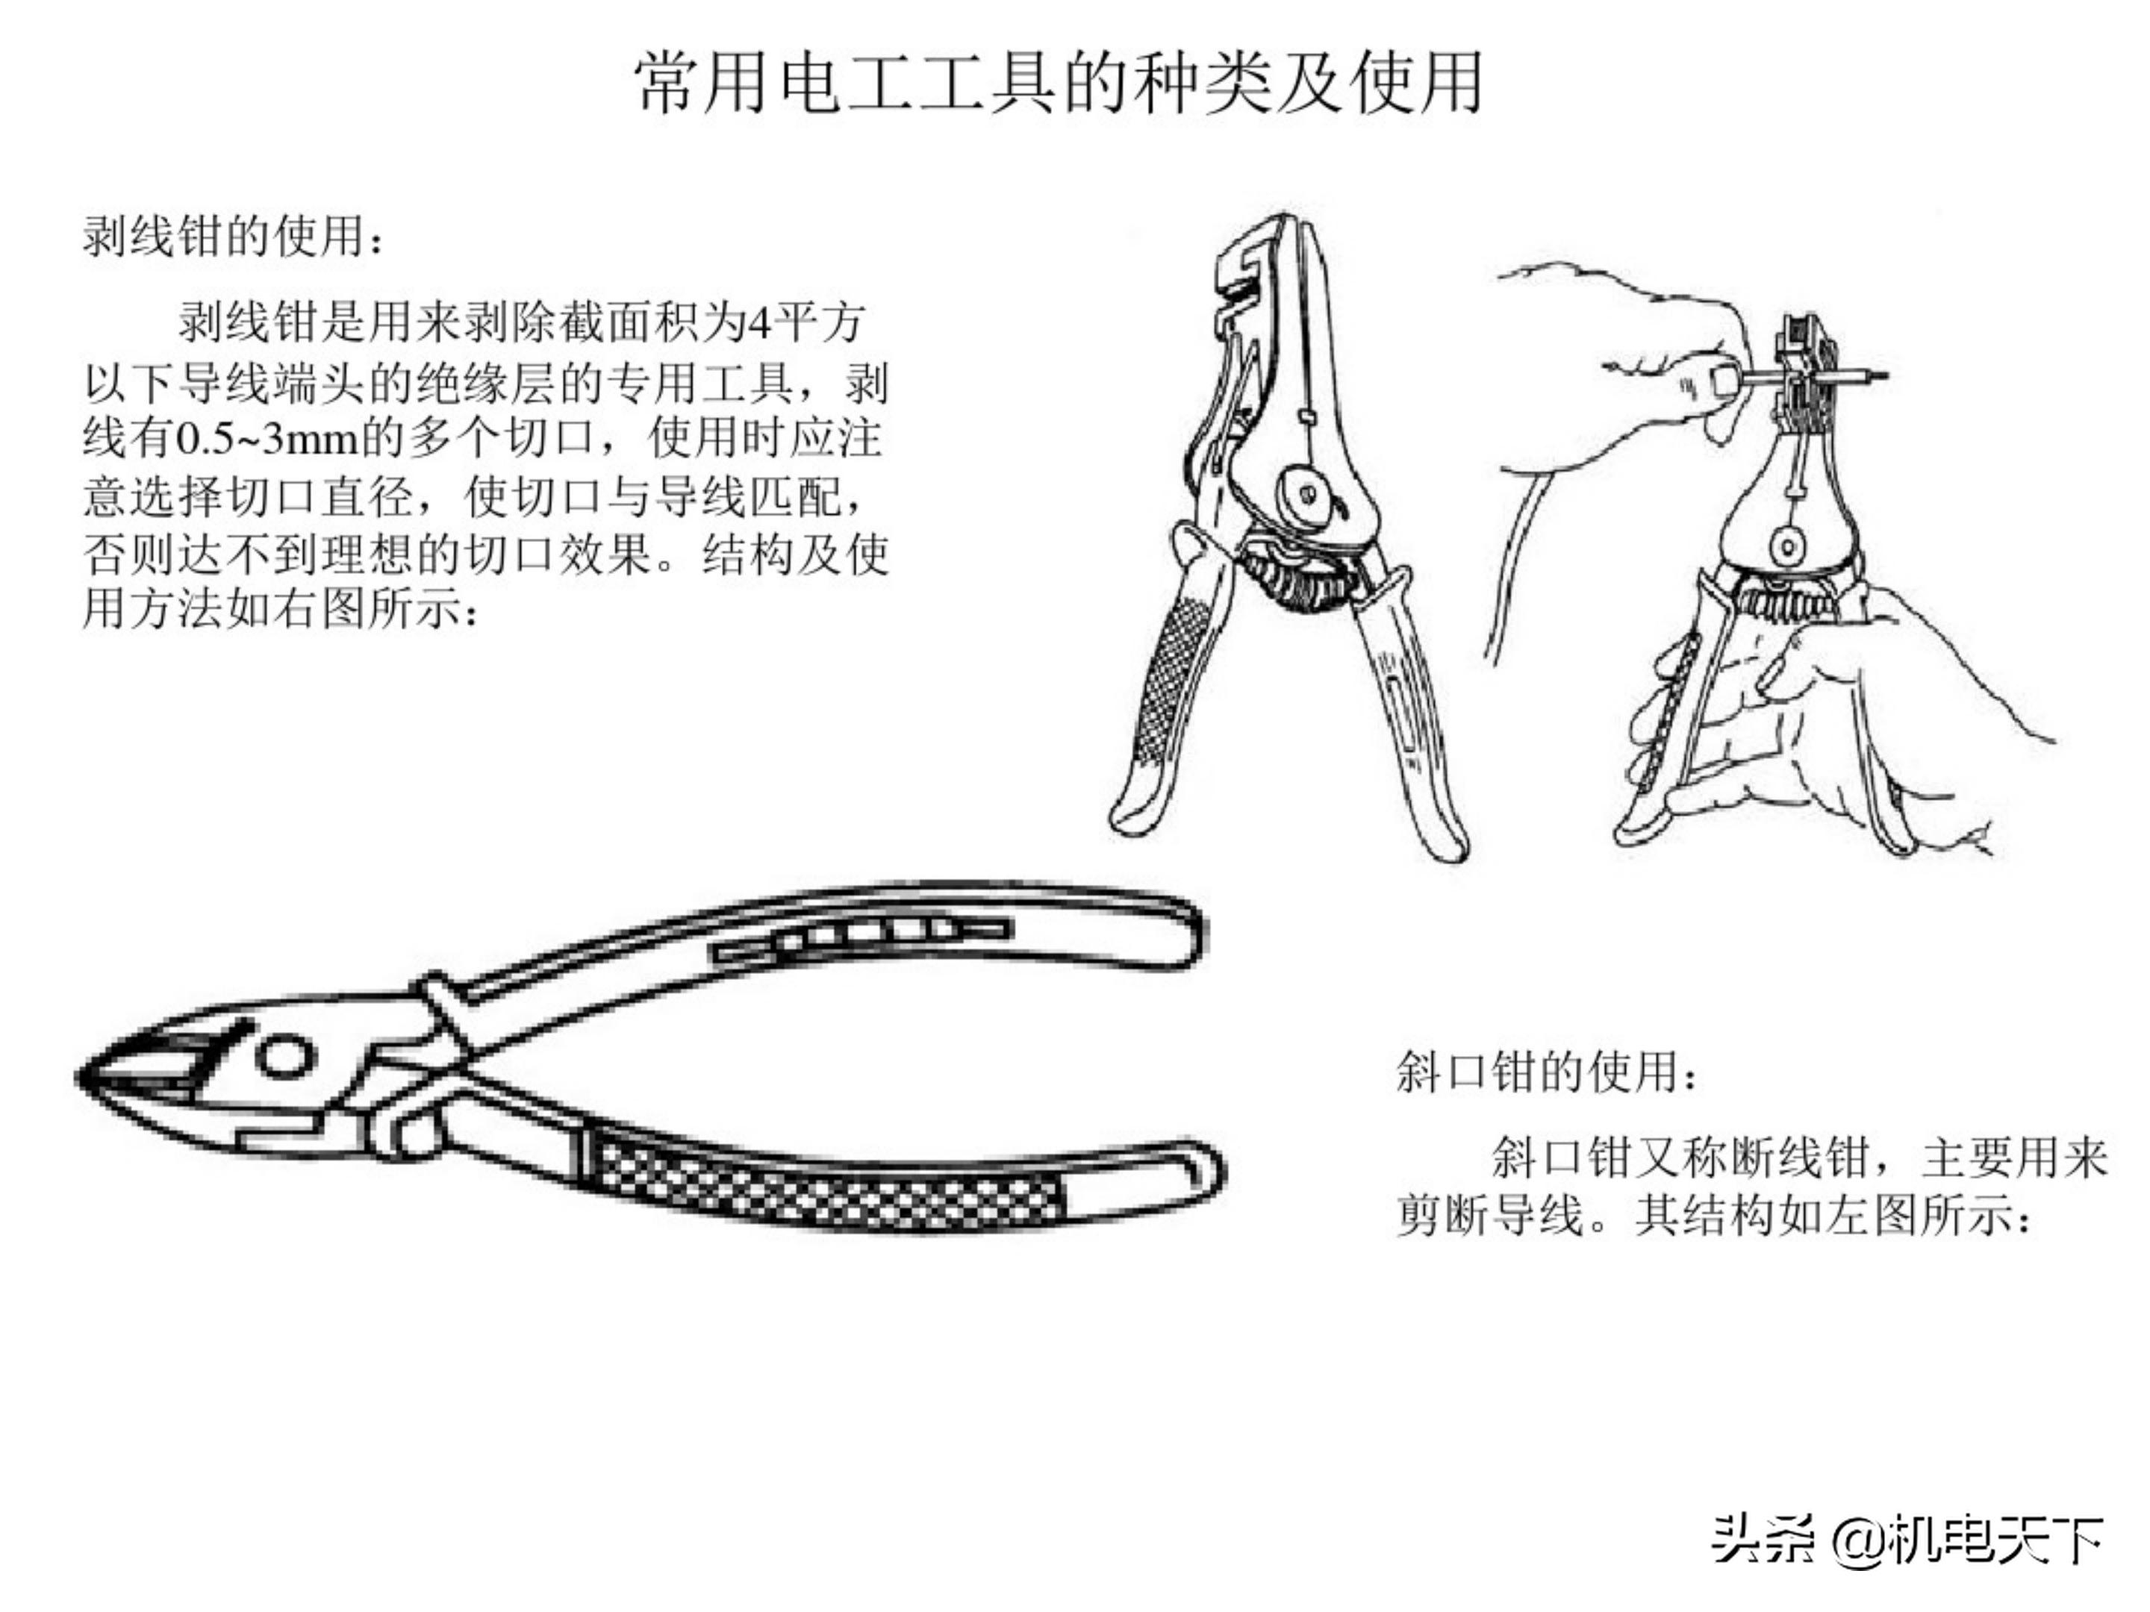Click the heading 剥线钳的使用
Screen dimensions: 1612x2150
[x=233, y=236]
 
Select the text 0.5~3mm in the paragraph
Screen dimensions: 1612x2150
[x=268, y=439]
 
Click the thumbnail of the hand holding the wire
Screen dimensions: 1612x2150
[x=1723, y=381]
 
